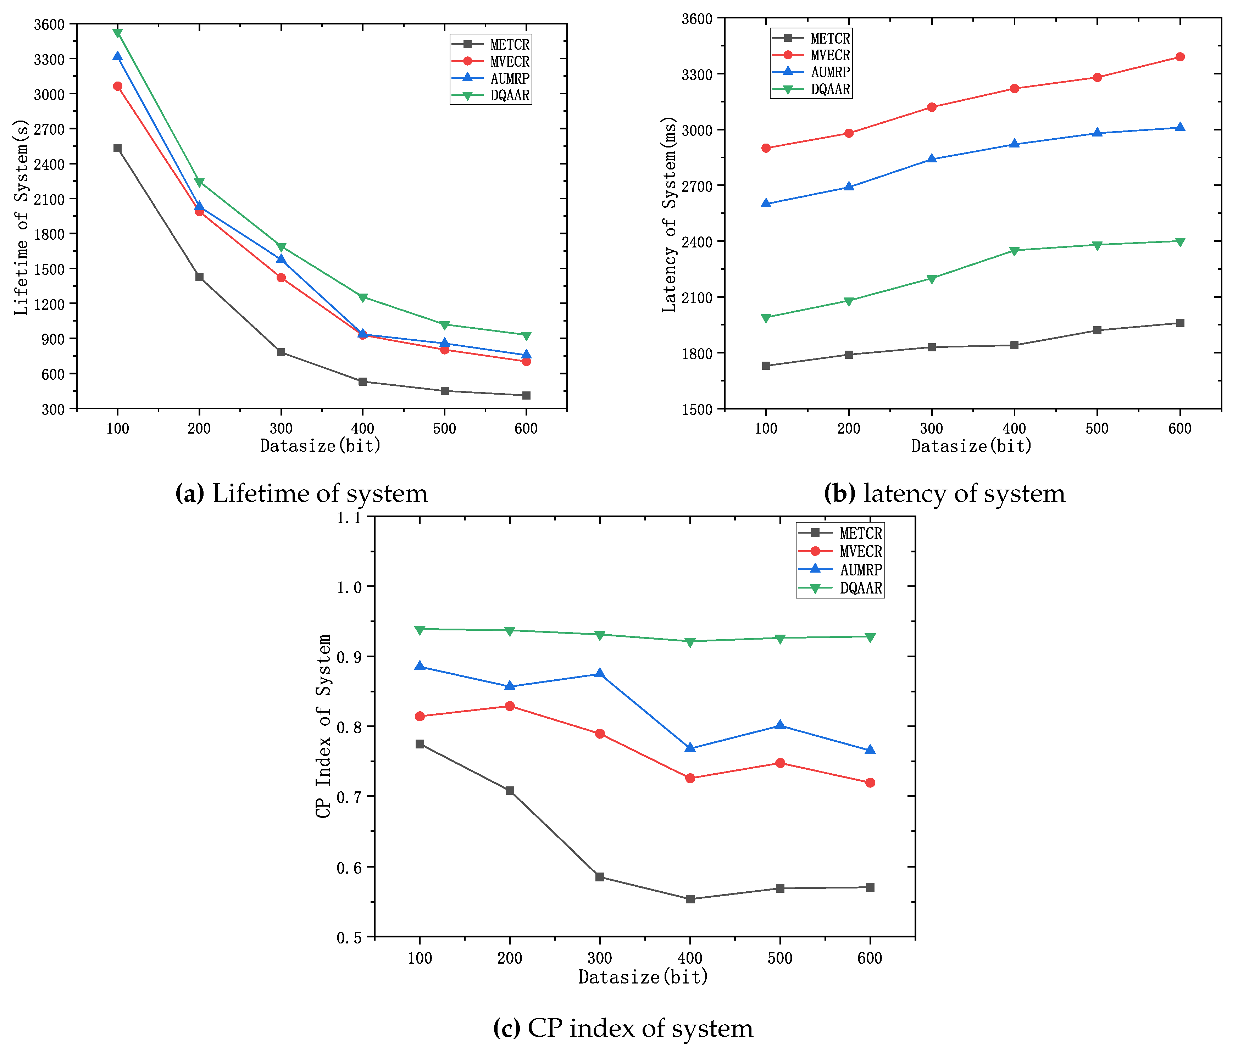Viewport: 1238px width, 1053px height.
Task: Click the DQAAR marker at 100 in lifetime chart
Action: pyautogui.click(x=118, y=33)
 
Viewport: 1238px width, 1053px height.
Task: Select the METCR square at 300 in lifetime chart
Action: pyautogui.click(x=281, y=352)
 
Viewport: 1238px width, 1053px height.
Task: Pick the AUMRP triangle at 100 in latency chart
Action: pyautogui.click(x=766, y=204)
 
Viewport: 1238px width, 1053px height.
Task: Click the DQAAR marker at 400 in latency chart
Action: pyautogui.click(x=1014, y=251)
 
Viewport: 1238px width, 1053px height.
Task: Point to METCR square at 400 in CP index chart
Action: pyautogui.click(x=690, y=899)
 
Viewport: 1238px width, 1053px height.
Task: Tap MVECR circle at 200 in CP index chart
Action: pyautogui.click(x=510, y=706)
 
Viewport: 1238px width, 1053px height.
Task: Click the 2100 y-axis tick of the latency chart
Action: pyautogui.click(x=697, y=297)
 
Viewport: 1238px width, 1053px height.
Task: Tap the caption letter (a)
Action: pyautogui.click(x=189, y=494)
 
